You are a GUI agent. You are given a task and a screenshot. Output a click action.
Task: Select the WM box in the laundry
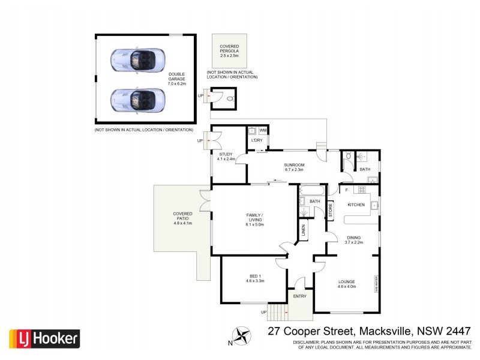coord(263,130)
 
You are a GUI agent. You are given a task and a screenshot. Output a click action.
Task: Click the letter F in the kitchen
coord(347,191)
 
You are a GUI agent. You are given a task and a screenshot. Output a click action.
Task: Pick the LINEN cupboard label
coord(304,229)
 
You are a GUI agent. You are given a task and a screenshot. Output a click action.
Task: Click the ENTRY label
coord(299,296)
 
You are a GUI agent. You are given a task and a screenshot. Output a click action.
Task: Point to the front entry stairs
coord(277,312)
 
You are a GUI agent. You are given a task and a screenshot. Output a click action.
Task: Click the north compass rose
coord(242,335)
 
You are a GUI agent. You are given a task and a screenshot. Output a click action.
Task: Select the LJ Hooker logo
coord(44,338)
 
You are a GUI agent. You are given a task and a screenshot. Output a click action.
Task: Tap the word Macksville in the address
coord(385,331)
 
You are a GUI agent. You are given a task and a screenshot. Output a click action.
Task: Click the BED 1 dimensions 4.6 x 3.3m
coord(256,281)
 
